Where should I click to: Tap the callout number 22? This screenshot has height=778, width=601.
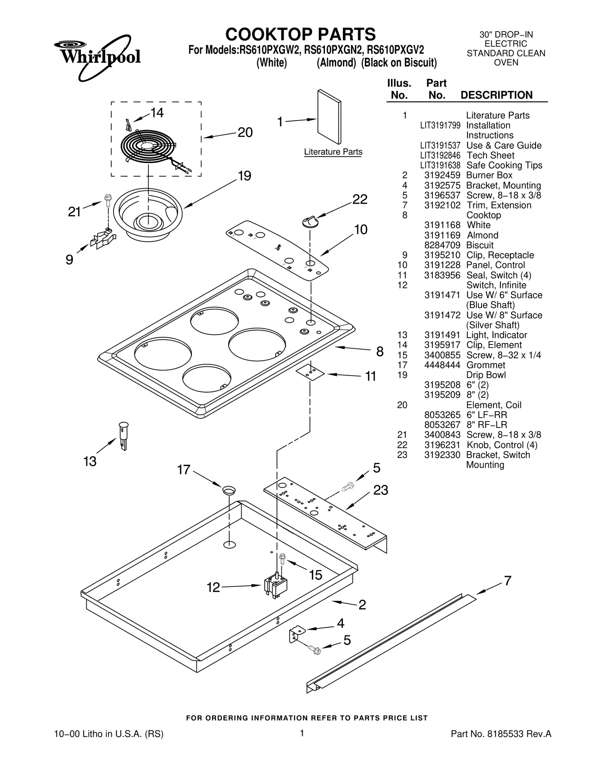coord(359,199)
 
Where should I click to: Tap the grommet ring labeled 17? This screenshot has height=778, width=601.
coord(229,489)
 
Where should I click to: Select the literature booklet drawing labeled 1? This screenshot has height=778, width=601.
coord(329,117)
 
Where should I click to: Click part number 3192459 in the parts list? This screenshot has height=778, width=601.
coord(442,175)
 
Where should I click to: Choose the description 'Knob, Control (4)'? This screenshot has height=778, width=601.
coord(502,445)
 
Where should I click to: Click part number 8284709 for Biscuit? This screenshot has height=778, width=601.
coord(442,245)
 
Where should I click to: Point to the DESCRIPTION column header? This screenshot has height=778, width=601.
coord(496,95)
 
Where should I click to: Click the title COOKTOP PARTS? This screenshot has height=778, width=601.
coord(300,35)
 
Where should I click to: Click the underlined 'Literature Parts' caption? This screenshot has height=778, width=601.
coord(333,152)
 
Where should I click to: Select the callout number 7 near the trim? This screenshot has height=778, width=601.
coord(507,581)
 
